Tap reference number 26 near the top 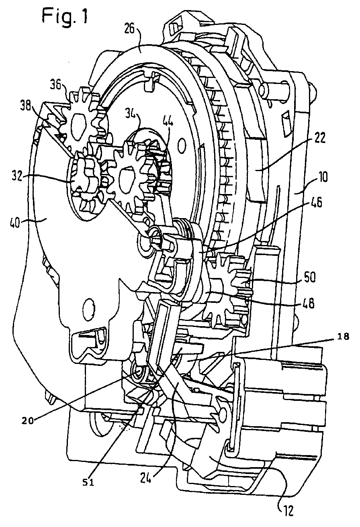coord(130,29)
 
